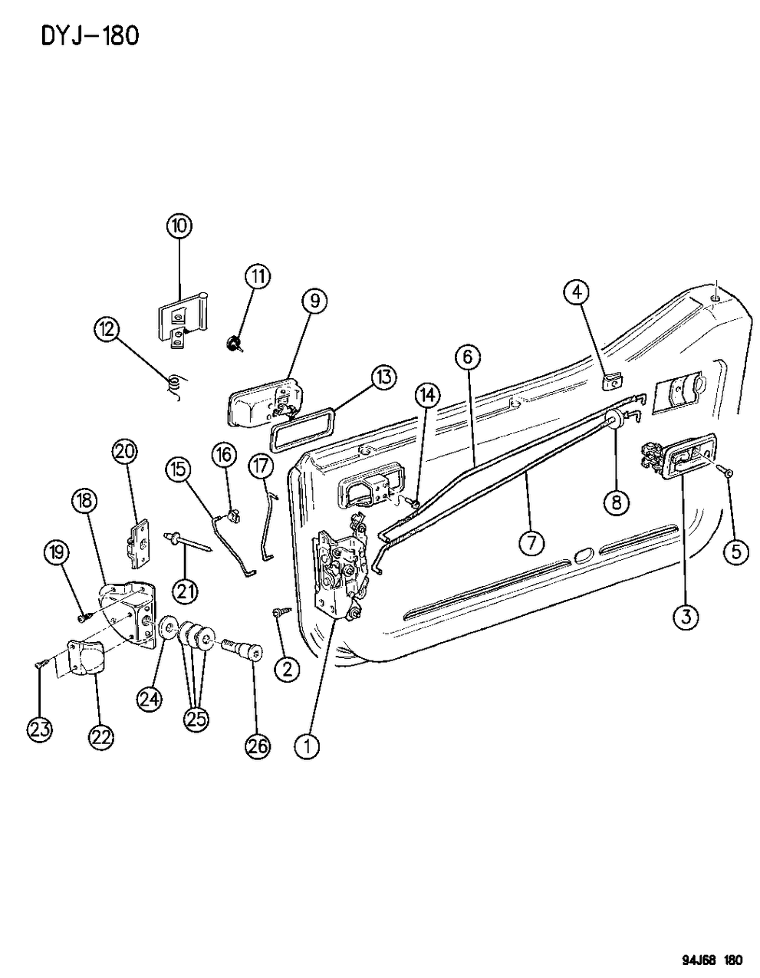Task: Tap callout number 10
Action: point(180,226)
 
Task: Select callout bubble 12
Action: point(106,331)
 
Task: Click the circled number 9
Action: point(314,301)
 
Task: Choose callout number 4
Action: point(577,291)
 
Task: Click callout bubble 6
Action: point(468,357)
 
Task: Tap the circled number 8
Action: point(617,502)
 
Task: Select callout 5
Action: point(735,551)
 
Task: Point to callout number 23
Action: point(40,729)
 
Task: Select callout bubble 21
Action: point(185,591)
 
